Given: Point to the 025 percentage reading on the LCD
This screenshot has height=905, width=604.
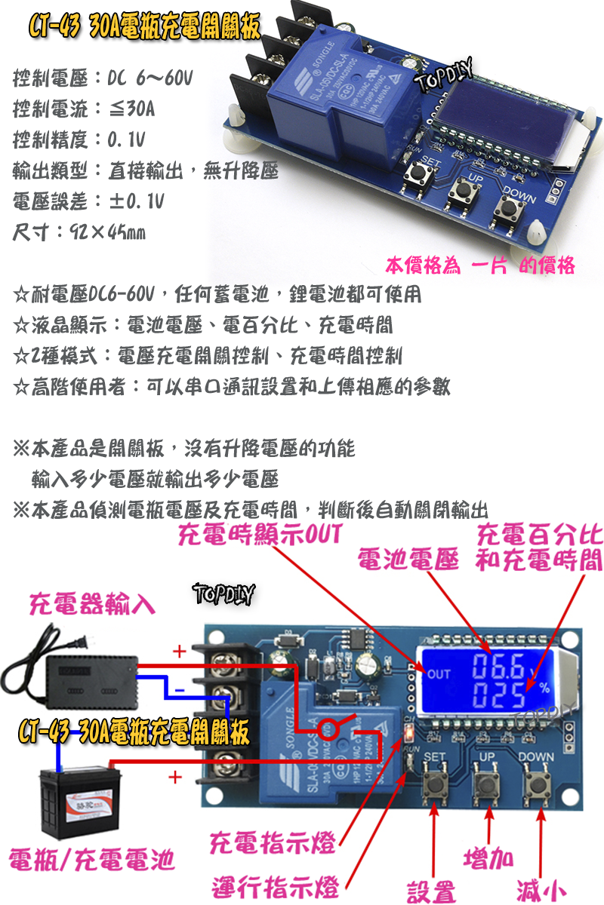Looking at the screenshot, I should pyautogui.click(x=497, y=695).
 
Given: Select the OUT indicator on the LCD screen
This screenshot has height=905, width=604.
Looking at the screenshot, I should pyautogui.click(x=439, y=674).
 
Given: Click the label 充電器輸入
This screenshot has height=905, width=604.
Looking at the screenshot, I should pyautogui.click(x=92, y=603).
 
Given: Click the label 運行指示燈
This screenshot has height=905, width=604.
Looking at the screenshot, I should pyautogui.click(x=273, y=885).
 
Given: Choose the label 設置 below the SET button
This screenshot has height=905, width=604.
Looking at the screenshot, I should pyautogui.click(x=431, y=891).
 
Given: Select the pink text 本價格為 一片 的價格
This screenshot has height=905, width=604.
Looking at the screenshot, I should pyautogui.click(x=480, y=265).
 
